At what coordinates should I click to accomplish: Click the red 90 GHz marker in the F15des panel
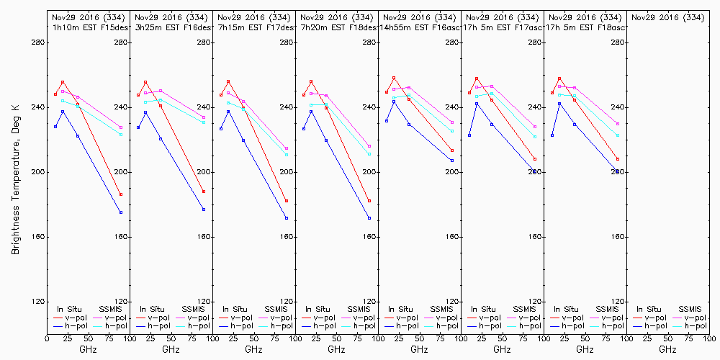point(121,194)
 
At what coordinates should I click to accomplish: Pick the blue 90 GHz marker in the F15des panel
point(121,212)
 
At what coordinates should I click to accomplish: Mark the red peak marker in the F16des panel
point(145,82)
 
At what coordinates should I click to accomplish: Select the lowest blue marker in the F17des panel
point(287,218)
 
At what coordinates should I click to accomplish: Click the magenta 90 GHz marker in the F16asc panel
point(452,122)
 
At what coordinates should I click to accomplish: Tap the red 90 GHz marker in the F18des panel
point(369,201)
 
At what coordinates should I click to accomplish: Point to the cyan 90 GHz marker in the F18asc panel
point(618,135)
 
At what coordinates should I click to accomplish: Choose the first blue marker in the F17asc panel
point(469,135)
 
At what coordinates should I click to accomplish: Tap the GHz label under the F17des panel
point(253,349)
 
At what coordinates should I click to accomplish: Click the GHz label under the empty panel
point(667,349)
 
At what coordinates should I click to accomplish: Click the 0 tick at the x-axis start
point(48,337)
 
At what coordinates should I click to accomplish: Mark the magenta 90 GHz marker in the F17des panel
point(287,148)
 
